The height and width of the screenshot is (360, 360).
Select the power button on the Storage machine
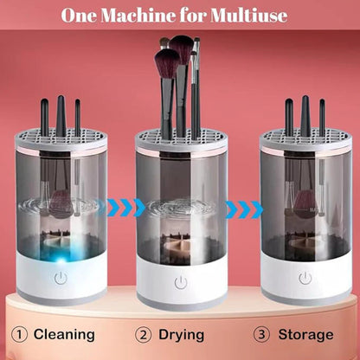pos(305,279)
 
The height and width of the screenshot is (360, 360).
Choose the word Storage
pos(305,334)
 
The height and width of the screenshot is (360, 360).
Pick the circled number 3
pos(260,334)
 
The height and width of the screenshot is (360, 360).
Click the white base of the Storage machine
pos(305,281)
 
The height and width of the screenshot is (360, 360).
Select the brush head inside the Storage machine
pos(305,204)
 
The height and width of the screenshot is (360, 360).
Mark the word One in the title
pos(80,16)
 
